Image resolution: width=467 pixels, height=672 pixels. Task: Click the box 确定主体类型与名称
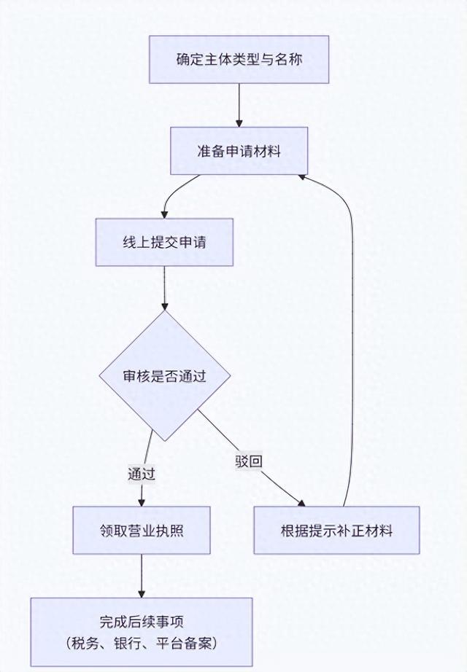click(239, 59)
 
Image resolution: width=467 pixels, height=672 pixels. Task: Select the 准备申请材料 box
click(239, 152)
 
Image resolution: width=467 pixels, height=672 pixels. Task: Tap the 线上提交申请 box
click(164, 242)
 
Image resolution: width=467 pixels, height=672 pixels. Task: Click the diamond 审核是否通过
click(165, 376)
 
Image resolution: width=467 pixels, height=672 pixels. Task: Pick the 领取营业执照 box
click(142, 530)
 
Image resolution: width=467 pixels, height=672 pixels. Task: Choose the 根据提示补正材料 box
click(336, 530)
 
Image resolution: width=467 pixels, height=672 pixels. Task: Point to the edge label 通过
click(142, 473)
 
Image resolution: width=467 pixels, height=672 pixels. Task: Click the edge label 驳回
click(248, 461)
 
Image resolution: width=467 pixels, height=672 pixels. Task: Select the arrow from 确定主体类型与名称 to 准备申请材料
click(239, 106)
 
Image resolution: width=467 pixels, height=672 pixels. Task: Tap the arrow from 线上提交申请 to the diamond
click(165, 288)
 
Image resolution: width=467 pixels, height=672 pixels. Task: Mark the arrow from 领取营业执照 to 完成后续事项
click(142, 576)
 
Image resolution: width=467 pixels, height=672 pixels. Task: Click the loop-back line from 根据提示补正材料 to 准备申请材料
click(353, 328)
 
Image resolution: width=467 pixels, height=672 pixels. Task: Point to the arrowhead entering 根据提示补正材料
click(301, 502)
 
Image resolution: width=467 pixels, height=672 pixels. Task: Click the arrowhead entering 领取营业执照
click(142, 501)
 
